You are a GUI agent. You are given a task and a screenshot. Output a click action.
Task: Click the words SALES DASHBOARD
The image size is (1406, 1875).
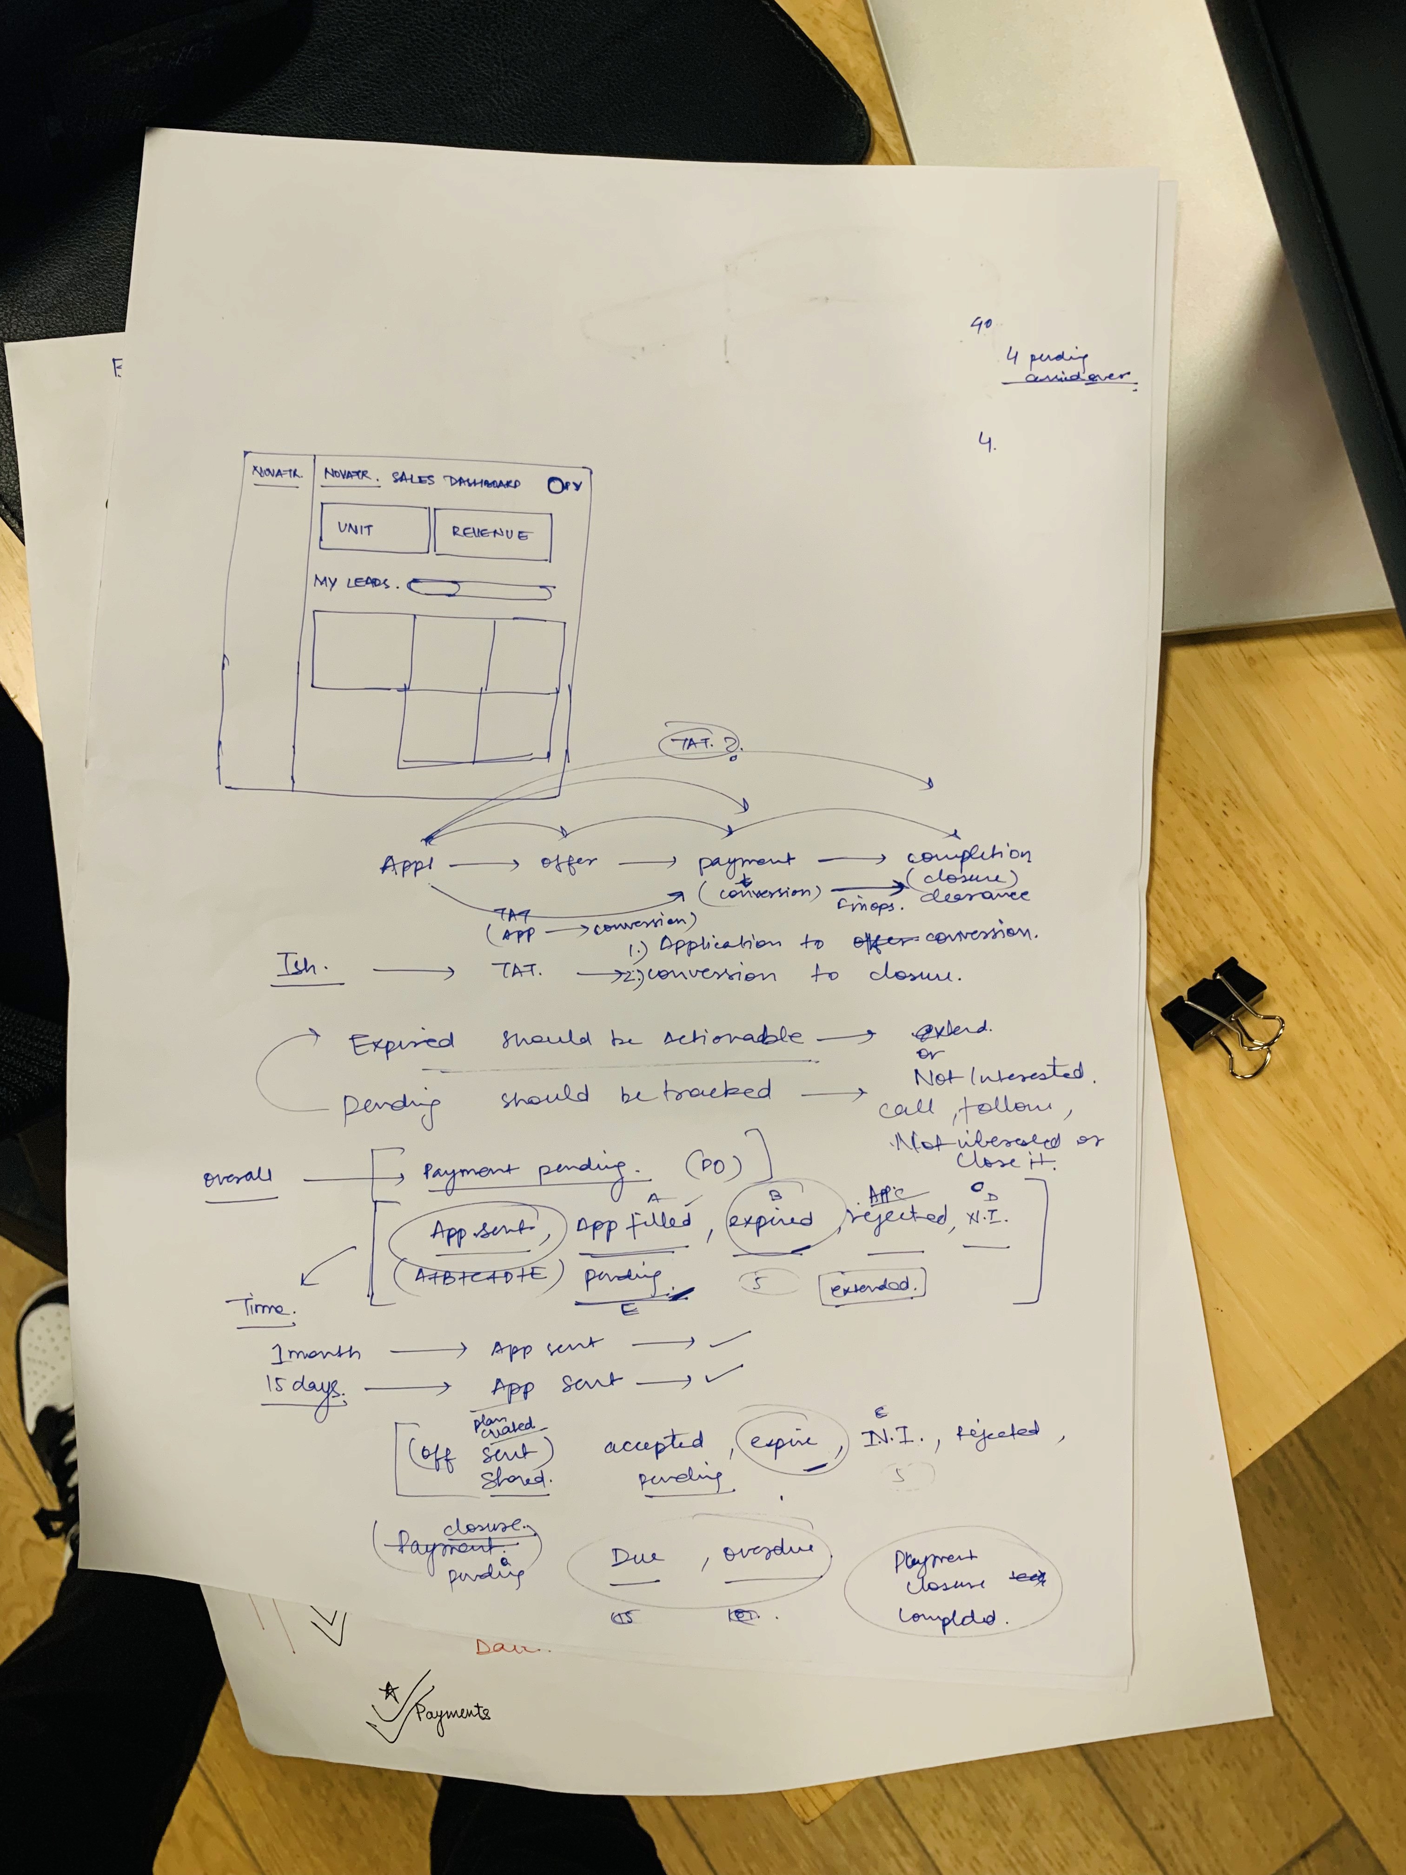pos(456,481)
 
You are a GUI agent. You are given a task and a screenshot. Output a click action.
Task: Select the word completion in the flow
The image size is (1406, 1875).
pos(968,854)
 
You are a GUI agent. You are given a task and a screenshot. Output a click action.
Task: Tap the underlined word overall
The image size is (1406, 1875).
pos(238,1177)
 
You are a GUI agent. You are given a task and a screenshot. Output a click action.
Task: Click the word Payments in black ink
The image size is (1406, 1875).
pos(452,1712)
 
